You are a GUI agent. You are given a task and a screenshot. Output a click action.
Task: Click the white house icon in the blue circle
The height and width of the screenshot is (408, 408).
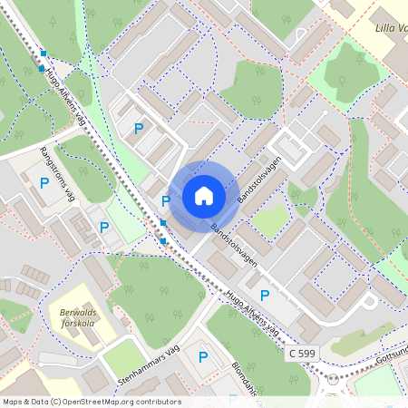tap(204, 196)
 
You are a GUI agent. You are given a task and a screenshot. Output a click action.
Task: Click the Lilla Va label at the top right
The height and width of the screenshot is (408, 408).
tap(391, 27)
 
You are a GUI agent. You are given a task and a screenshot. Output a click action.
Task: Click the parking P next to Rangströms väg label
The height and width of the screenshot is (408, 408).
tap(44, 183)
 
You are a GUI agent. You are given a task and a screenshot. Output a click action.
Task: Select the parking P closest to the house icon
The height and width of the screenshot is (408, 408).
tap(165, 200)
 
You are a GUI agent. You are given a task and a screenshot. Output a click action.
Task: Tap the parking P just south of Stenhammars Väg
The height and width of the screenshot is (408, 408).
tap(203, 357)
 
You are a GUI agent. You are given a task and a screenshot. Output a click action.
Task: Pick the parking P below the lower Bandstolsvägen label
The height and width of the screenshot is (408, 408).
tap(265, 295)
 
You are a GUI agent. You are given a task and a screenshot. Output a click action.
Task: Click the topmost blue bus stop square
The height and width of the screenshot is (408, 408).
tap(44, 53)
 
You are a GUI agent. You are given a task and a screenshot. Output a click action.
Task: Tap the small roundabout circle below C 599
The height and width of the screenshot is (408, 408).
tap(333, 379)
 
